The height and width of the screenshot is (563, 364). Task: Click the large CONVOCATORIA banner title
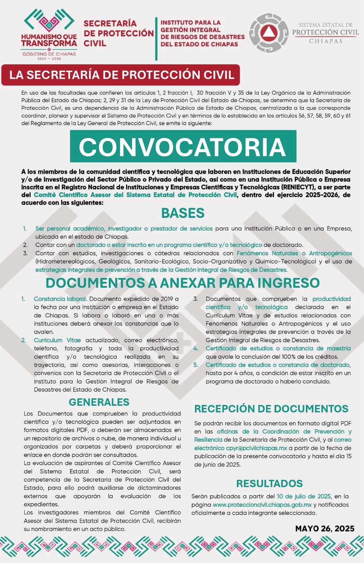click(x=182, y=146)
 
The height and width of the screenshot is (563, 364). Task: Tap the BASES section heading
click(x=183, y=213)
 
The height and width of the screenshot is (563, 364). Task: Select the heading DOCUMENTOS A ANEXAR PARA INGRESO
click(x=182, y=283)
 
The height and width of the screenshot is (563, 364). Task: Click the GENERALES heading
click(x=99, y=402)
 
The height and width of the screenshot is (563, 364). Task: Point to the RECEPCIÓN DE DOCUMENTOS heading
click(x=271, y=409)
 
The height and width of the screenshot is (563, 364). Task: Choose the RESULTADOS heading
click(x=269, y=483)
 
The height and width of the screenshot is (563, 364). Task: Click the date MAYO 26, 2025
click(x=325, y=528)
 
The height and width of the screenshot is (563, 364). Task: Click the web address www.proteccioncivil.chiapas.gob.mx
click(x=262, y=505)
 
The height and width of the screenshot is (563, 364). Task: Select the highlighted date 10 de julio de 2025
click(x=303, y=496)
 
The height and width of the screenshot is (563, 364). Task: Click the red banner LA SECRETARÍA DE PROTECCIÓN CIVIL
click(x=121, y=75)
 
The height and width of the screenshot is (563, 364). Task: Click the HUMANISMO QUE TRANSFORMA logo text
click(x=49, y=40)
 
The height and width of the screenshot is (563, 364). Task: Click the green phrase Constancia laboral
click(x=60, y=299)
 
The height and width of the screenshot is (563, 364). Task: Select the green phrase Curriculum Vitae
click(x=57, y=340)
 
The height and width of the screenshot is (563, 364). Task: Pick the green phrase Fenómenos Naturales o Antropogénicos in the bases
click(x=294, y=253)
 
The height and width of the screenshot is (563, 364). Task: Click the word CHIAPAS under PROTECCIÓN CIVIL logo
click(x=325, y=41)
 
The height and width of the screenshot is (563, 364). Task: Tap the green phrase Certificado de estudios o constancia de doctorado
click(x=277, y=365)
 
